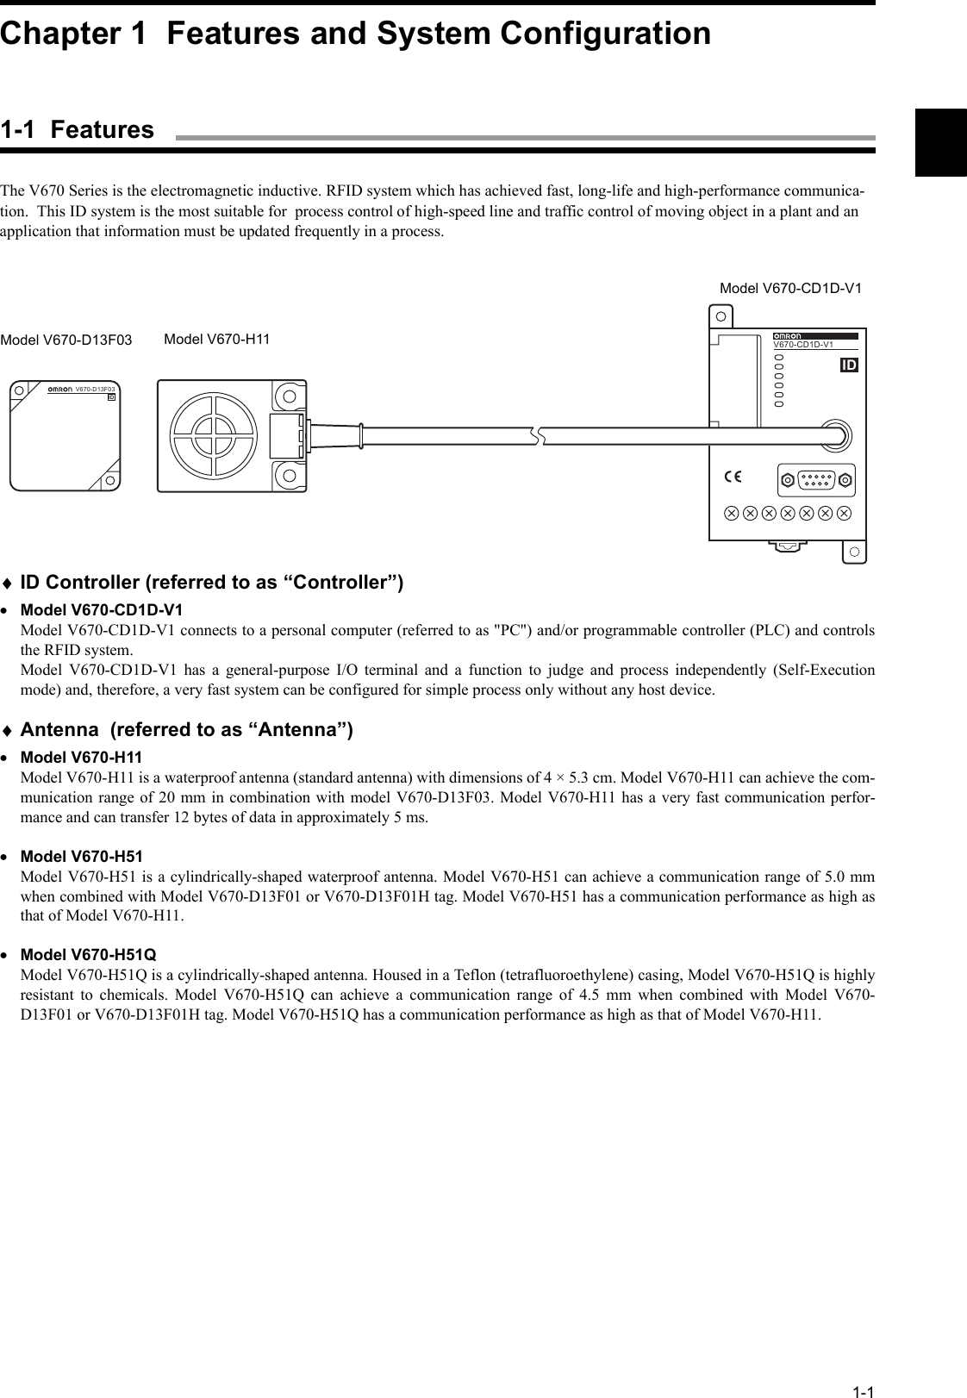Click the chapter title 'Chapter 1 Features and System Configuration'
355,34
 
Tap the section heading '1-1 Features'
78,130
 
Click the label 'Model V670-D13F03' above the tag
66,340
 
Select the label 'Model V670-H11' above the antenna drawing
216,340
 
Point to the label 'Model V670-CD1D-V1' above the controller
789,289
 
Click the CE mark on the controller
733,477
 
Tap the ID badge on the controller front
848,365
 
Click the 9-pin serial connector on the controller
815,480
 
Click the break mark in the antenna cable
541,435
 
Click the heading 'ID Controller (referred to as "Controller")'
211,583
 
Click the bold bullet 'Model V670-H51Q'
88,955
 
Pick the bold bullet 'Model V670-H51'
81,857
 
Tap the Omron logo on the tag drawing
59,390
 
